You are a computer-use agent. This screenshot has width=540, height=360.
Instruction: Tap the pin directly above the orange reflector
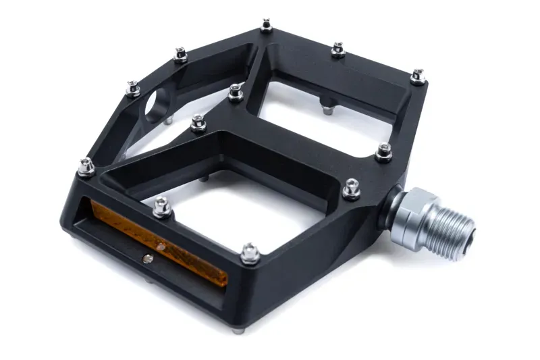[x=161, y=206]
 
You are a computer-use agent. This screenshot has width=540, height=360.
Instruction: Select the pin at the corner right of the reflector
[x=250, y=253]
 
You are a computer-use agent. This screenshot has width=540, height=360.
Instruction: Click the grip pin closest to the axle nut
[x=351, y=189]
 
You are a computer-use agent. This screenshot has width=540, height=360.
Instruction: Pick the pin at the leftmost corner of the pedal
[x=86, y=166]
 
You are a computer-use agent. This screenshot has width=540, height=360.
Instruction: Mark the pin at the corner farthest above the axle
[x=418, y=76]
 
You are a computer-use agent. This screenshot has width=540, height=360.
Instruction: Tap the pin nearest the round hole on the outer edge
[x=134, y=88]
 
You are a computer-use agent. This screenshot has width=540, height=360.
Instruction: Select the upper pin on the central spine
[x=235, y=93]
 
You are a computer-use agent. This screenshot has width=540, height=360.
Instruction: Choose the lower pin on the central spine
[x=198, y=123]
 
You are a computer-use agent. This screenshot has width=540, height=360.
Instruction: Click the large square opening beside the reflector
[x=230, y=209]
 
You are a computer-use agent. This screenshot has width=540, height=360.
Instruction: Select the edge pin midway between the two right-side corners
[x=384, y=152]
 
